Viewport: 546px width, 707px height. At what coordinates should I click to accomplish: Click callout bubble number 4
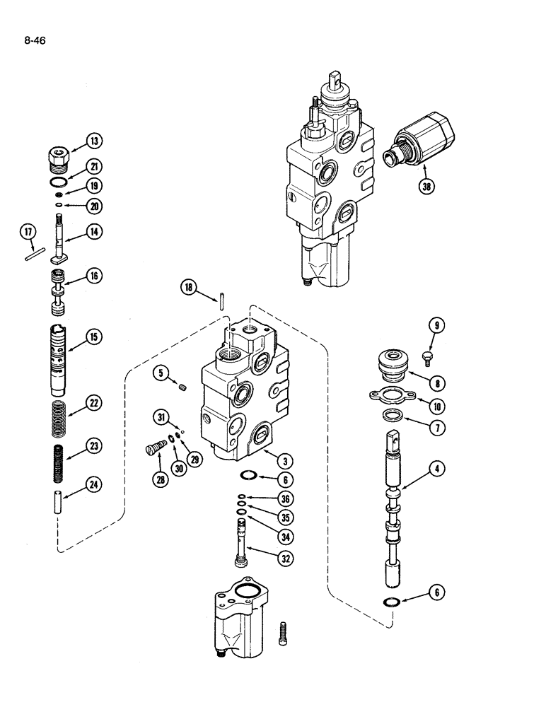point(439,467)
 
